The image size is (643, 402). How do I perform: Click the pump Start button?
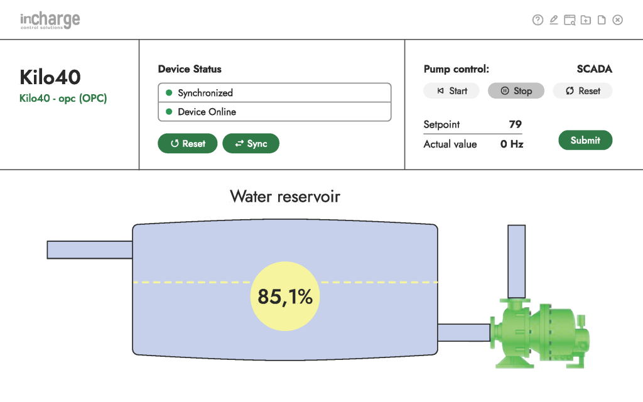451,91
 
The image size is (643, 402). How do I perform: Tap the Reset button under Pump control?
582,91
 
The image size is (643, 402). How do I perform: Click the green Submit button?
585,141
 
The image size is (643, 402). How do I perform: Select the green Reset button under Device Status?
187,144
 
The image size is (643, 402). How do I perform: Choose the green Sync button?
251,144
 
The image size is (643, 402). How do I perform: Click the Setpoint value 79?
515,124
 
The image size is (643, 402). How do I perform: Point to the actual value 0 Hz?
511,144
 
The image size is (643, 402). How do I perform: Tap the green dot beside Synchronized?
168,93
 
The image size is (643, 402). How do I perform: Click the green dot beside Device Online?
168,112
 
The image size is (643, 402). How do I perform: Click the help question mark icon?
538,20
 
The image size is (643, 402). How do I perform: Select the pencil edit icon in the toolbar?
553,20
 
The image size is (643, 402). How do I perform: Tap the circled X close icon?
617,20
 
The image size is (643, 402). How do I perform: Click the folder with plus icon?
585,20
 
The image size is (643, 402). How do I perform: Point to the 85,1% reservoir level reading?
285,296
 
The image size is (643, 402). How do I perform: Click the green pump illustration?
540,333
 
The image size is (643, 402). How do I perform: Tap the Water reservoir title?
285,197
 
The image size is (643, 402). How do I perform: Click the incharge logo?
50,21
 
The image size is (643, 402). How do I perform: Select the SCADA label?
594,69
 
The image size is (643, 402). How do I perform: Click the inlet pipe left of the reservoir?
89,249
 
